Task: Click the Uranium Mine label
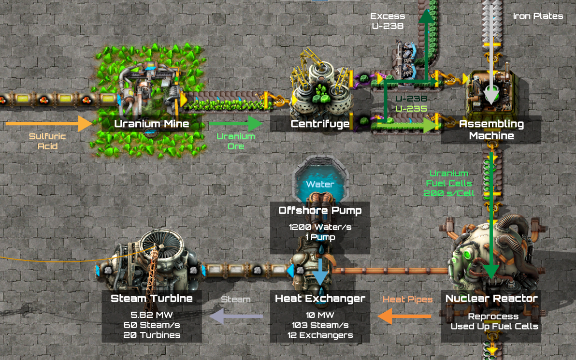pyautogui.click(x=151, y=124)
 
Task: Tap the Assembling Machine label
pyautogui.click(x=491, y=130)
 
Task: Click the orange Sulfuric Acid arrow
pyautogui.click(x=48, y=124)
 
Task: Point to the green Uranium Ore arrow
pyautogui.click(x=235, y=124)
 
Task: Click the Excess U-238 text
pyautogui.click(x=387, y=21)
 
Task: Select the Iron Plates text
pyautogui.click(x=538, y=16)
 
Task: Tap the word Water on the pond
pyautogui.click(x=319, y=184)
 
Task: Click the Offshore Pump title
pyautogui.click(x=320, y=211)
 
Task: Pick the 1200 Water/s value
pyautogui.click(x=320, y=227)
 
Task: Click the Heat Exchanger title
pyautogui.click(x=320, y=298)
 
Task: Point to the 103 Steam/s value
pyautogui.click(x=320, y=325)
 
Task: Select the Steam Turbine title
pyautogui.click(x=152, y=298)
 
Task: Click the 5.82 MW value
pyautogui.click(x=152, y=314)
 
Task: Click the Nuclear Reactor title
pyautogui.click(x=491, y=298)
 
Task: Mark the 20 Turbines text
pyautogui.click(x=152, y=335)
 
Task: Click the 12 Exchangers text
pyautogui.click(x=320, y=335)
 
